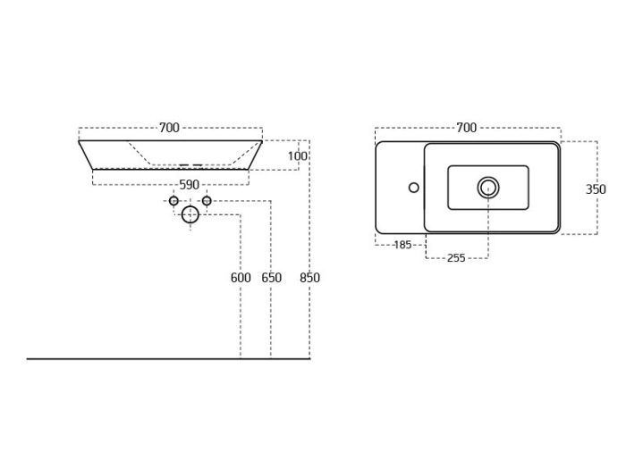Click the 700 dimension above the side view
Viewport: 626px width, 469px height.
click(x=169, y=128)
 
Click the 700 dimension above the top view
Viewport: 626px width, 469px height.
click(x=466, y=128)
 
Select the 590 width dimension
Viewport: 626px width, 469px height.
click(x=189, y=185)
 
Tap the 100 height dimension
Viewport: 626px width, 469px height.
click(x=298, y=156)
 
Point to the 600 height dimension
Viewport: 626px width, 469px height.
click(x=241, y=278)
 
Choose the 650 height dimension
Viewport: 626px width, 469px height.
click(x=272, y=278)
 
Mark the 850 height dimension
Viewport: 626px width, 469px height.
click(x=309, y=278)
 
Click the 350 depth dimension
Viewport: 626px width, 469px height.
click(x=596, y=189)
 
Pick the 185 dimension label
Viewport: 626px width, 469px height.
click(x=402, y=245)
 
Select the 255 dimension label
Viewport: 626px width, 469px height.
click(x=456, y=258)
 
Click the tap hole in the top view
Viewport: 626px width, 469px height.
click(x=414, y=187)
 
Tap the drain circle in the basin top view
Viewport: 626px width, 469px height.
click(x=488, y=188)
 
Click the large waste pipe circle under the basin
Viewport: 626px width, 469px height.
click(x=190, y=214)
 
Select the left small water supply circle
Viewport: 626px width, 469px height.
click(x=173, y=201)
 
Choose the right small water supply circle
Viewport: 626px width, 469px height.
click(x=207, y=201)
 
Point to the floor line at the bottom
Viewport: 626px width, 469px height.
click(x=168, y=359)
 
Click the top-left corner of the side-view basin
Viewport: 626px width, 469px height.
click(x=79, y=141)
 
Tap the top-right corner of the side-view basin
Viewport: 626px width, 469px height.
click(x=262, y=141)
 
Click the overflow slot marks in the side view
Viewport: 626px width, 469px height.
click(x=190, y=164)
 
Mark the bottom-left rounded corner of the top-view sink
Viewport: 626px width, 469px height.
click(x=378, y=230)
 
